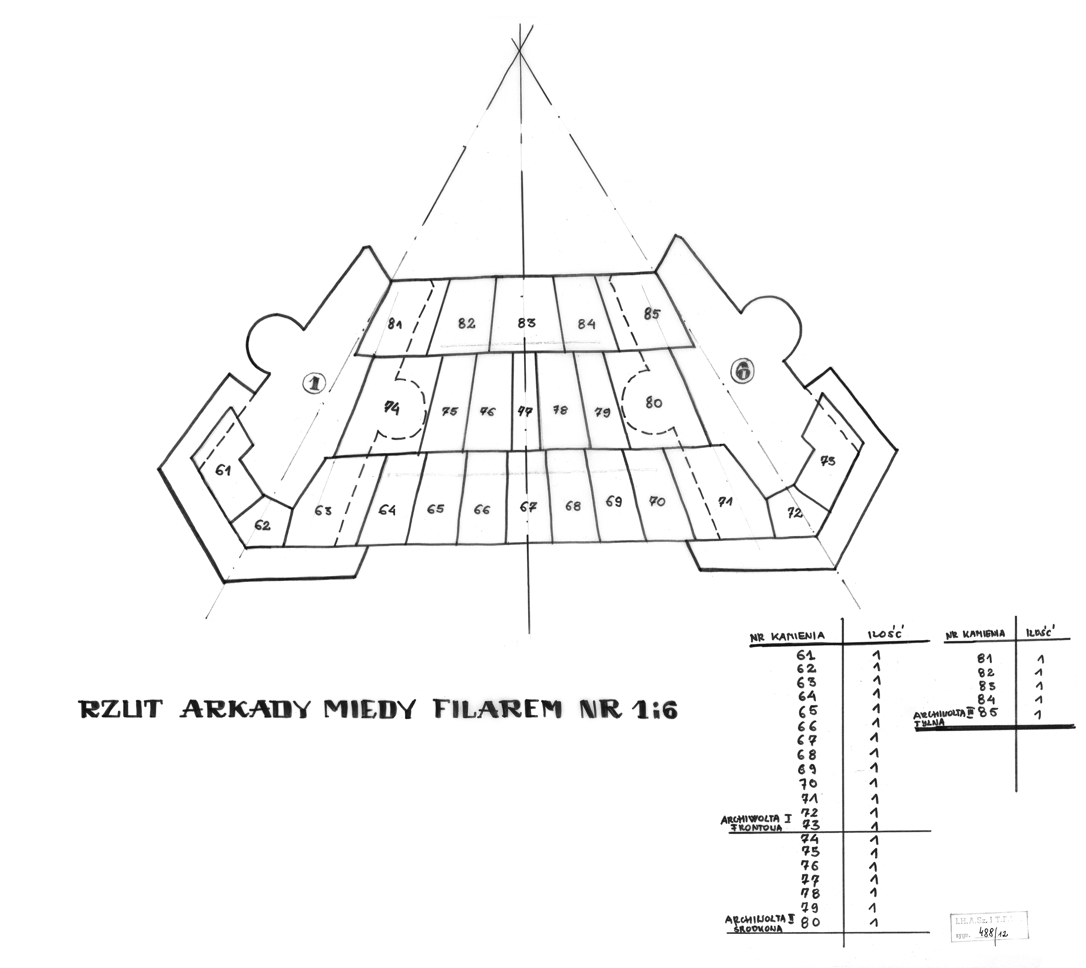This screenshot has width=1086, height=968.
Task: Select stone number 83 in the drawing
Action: pyautogui.click(x=526, y=323)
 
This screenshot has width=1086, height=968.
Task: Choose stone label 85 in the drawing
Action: pyautogui.click(x=651, y=314)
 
